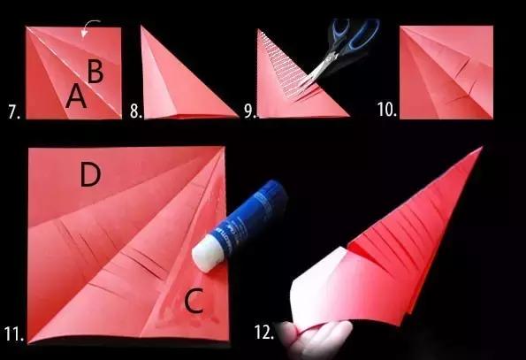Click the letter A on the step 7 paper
(76, 96)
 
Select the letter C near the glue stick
(194, 301)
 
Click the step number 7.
(14, 112)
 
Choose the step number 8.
(136, 111)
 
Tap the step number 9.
(250, 111)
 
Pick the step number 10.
(387, 110)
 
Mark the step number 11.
(14, 333)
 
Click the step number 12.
(264, 333)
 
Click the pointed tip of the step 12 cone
(482, 148)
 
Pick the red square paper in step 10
(446, 73)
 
